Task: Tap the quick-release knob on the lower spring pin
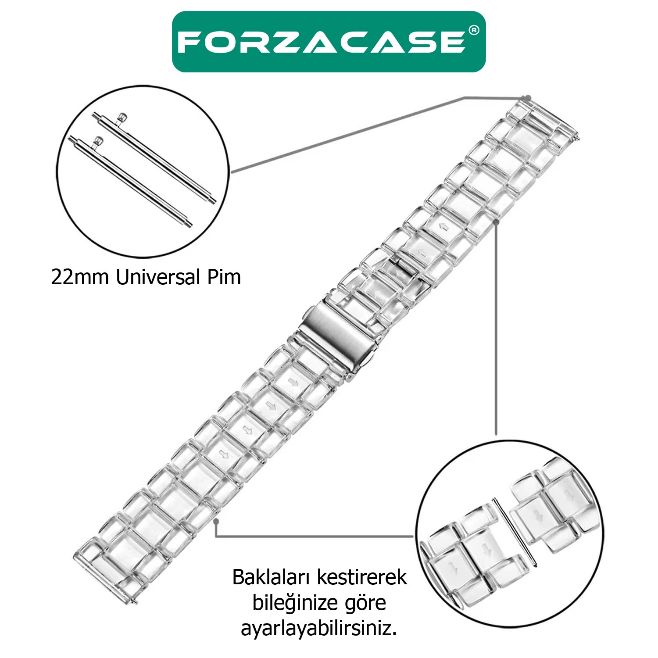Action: click(98, 141)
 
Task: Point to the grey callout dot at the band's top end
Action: click(528, 97)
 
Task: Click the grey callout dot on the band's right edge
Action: click(496, 222)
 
